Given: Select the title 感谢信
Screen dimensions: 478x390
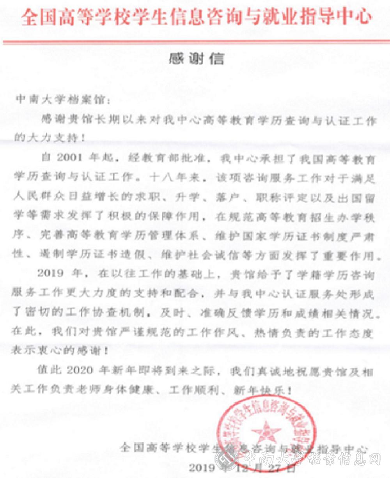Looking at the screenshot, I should [196, 59].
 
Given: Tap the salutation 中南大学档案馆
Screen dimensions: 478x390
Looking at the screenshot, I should [62, 100].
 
